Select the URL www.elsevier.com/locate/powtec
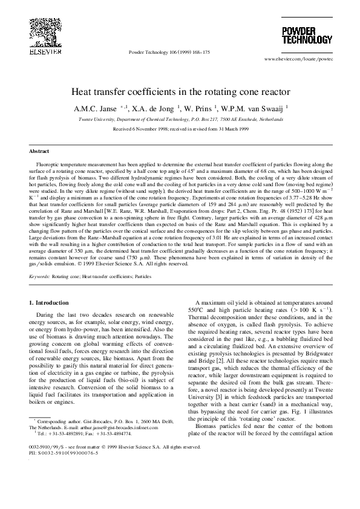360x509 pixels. pos(298,59)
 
